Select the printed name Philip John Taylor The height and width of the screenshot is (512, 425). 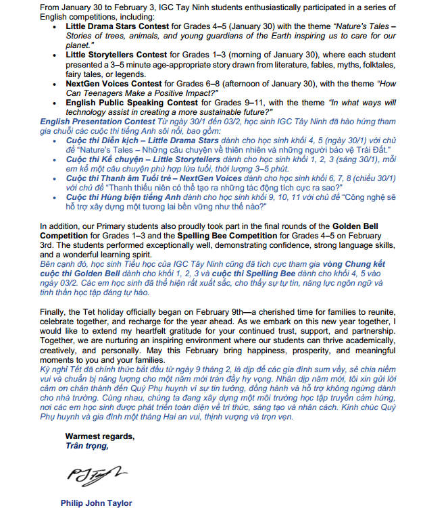pos(96,503)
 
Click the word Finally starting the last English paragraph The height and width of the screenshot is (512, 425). pos(54,313)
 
